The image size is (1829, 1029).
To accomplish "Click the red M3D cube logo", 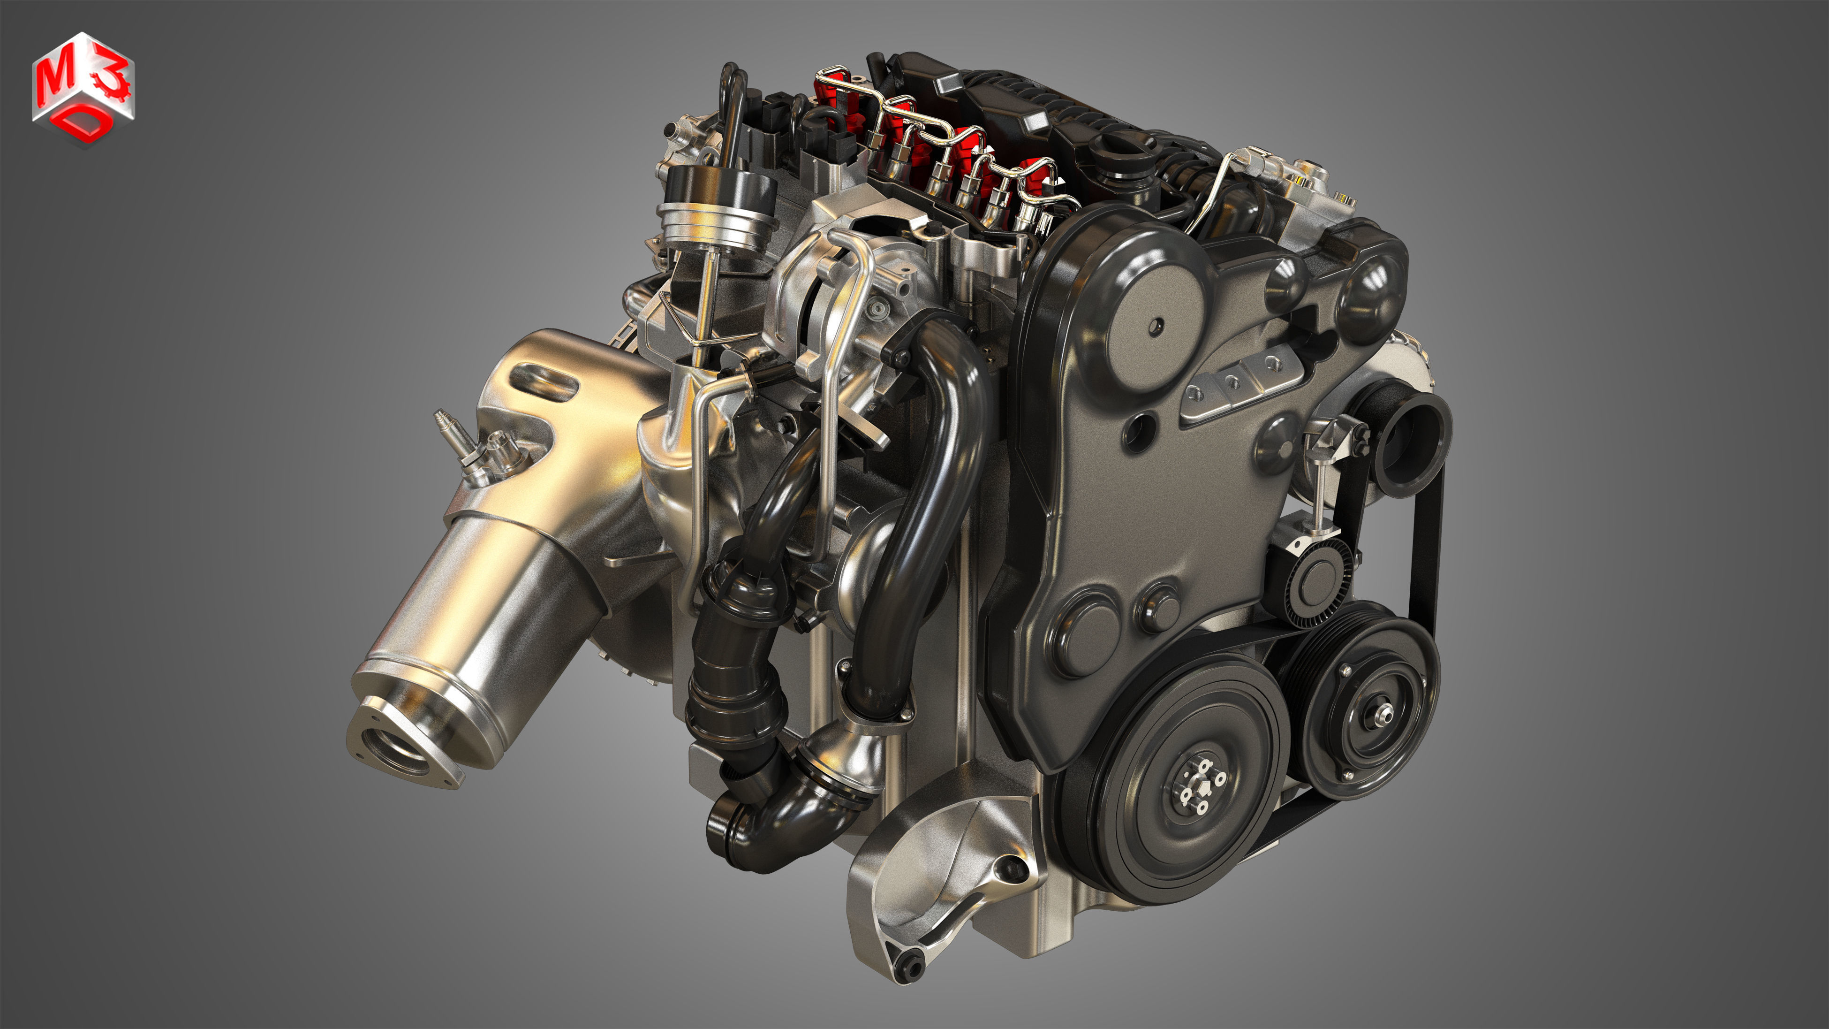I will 83,89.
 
